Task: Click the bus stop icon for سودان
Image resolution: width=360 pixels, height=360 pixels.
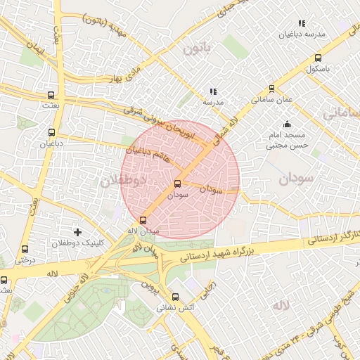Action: [x=176, y=184]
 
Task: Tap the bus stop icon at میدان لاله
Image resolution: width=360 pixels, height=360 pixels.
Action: [x=143, y=219]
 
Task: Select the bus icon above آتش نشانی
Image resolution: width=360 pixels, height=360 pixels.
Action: [x=175, y=297]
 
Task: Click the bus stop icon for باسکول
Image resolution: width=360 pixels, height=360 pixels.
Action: [x=319, y=58]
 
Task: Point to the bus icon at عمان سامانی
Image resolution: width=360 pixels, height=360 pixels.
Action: [x=272, y=89]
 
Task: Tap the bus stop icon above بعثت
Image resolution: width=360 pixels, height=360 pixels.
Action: [x=51, y=94]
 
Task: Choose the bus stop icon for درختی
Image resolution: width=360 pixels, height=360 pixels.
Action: [x=25, y=249]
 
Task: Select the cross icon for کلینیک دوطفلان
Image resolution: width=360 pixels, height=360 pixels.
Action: [x=77, y=231]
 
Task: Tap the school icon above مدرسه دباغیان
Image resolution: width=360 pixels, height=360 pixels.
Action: [x=302, y=23]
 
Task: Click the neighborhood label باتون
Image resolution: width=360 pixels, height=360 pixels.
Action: [x=198, y=49]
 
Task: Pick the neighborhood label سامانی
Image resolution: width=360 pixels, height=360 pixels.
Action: [x=340, y=112]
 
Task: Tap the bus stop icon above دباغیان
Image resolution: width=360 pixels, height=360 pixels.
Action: [x=51, y=131]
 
